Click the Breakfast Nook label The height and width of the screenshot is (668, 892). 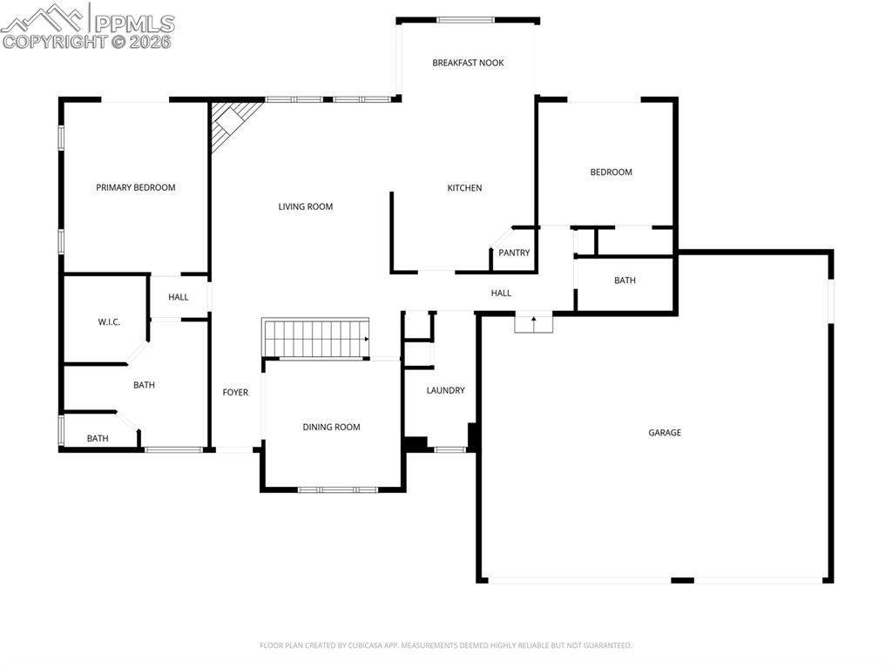click(x=468, y=63)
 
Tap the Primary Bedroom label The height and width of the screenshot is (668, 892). click(x=135, y=187)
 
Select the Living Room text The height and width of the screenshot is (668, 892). click(x=305, y=206)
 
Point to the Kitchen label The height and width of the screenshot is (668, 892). click(x=464, y=188)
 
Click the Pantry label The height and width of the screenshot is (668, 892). click(x=514, y=253)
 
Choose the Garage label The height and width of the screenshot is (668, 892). click(x=665, y=433)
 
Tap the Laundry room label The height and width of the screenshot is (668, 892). click(x=445, y=390)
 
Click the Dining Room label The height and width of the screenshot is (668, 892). click(x=331, y=427)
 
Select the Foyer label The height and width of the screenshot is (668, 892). click(x=235, y=393)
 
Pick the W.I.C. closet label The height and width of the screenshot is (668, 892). click(x=109, y=322)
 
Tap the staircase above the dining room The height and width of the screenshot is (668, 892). click(x=315, y=338)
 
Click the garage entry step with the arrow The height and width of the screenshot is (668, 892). click(x=534, y=323)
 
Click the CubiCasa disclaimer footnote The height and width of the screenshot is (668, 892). click(x=446, y=645)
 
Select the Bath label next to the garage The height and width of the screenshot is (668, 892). click(x=625, y=280)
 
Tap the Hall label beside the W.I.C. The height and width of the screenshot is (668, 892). click(x=179, y=297)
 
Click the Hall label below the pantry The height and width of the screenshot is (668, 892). click(x=501, y=294)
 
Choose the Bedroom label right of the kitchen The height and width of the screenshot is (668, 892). click(x=611, y=172)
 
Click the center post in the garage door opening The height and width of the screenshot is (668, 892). click(x=682, y=580)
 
